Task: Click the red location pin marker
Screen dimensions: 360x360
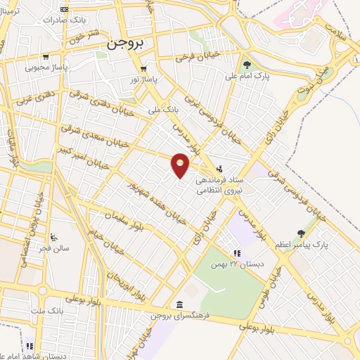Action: click(x=181, y=165)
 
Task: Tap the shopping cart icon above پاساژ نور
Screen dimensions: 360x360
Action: click(x=143, y=69)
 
